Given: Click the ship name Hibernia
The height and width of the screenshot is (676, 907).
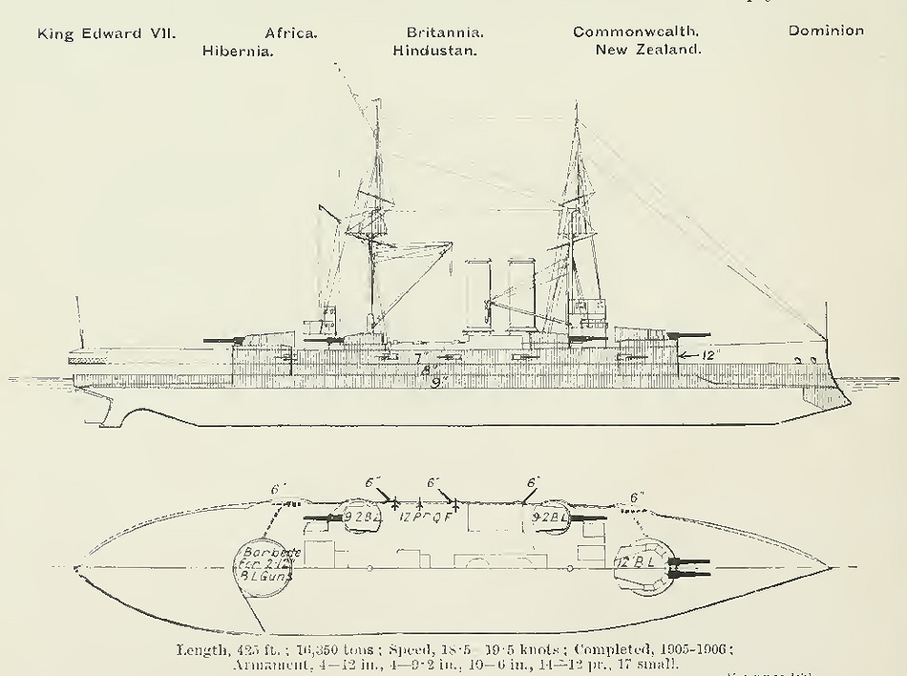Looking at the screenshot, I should click(238, 51).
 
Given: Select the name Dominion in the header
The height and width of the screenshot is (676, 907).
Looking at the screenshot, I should click(826, 31).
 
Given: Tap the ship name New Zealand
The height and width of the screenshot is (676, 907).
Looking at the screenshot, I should click(648, 50).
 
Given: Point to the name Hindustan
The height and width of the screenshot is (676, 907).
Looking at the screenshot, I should click(435, 51).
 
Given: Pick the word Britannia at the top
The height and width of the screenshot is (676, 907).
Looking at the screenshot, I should click(445, 32).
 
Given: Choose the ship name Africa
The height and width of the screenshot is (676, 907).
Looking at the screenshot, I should click(291, 32).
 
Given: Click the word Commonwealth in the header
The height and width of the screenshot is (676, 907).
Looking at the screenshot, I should click(636, 32).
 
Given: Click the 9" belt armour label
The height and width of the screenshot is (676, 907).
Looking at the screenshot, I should click(440, 383).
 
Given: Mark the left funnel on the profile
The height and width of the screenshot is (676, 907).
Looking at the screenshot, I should click(476, 296).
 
